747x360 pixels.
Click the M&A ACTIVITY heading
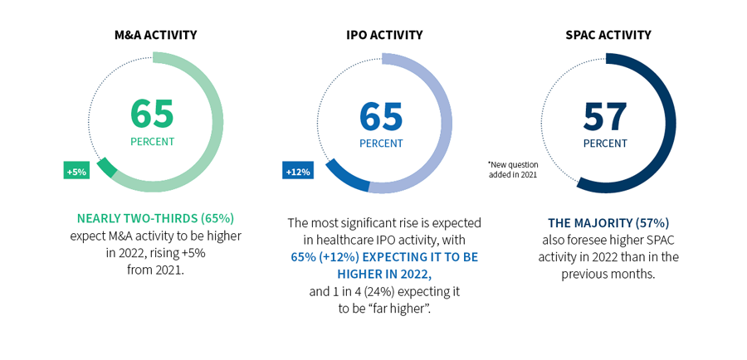pos(155,35)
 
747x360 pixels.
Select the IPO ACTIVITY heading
pos(384,35)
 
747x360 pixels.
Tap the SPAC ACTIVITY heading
pos(609,35)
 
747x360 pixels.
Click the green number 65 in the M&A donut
pos(152,114)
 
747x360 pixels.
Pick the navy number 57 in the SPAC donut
pos(605,117)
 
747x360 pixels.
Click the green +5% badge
pos(76,171)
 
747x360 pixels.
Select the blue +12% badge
pos(297,171)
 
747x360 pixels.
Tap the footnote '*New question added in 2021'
pos(513,169)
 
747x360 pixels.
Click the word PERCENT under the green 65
pos(152,142)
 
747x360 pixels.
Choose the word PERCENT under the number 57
pos(605,144)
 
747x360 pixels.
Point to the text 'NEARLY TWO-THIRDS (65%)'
pos(155,219)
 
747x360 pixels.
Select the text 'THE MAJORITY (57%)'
pos(608,223)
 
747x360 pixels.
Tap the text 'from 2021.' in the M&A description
pos(155,270)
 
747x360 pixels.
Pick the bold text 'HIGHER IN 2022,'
pos(384,274)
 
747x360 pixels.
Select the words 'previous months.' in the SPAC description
pos(608,274)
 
